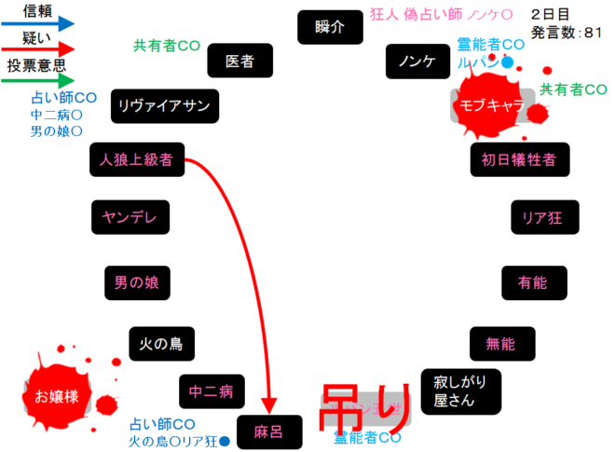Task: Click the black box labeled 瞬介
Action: tap(330, 27)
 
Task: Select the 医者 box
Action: tap(239, 62)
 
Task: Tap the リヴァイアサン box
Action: tap(164, 105)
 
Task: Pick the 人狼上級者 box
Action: tap(136, 159)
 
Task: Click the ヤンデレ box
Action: tap(130, 217)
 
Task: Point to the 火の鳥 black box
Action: tap(162, 343)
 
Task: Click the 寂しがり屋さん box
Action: tap(460, 391)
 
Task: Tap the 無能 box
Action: tap(500, 343)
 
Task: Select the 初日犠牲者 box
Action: tap(519, 159)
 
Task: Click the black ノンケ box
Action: tap(417, 62)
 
